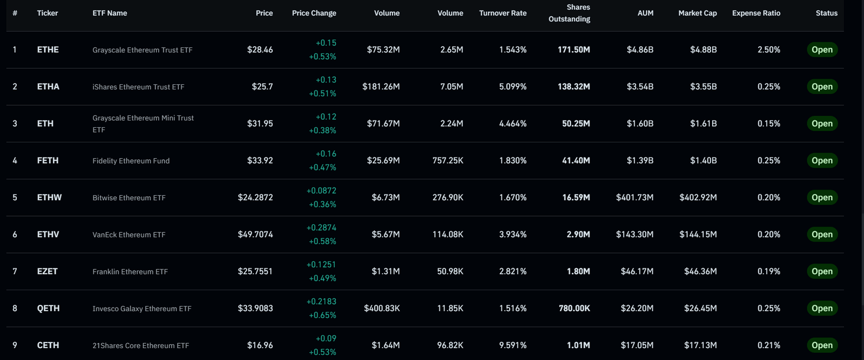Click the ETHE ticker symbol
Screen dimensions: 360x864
[x=48, y=49]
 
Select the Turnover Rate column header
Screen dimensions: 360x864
[x=502, y=13]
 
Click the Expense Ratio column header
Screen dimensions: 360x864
[x=756, y=13]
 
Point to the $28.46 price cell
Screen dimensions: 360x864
[x=260, y=49]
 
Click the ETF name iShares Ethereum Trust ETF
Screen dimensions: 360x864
[x=138, y=87]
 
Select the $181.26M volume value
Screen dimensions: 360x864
[x=381, y=87]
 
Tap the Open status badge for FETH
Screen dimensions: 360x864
[x=822, y=160]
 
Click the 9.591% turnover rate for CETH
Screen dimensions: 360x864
[x=512, y=345]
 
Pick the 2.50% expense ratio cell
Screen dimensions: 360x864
[x=768, y=49]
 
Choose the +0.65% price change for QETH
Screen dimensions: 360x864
[x=322, y=315]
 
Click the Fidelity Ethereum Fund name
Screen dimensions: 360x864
[x=131, y=160]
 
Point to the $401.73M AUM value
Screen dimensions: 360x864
[x=634, y=197]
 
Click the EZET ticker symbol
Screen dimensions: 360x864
[x=48, y=271]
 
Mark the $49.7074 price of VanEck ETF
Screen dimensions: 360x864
[x=255, y=235]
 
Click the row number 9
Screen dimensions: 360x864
[x=15, y=345]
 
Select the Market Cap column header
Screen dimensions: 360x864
[x=697, y=13]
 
